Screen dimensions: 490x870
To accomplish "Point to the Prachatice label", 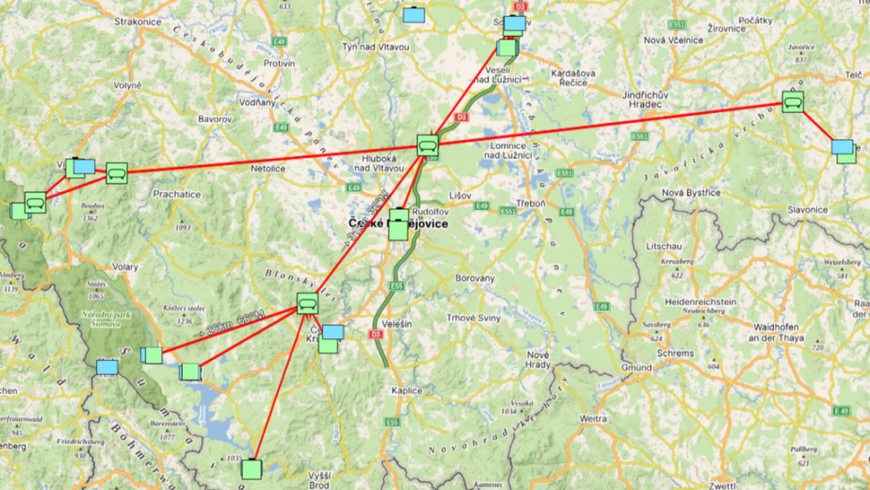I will pyautogui.click(x=178, y=194).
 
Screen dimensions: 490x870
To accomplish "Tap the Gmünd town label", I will pyautogui.click(x=636, y=367).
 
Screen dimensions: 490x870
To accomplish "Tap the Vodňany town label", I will pyautogui.click(x=257, y=101).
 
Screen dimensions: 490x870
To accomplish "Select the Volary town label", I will pyautogui.click(x=125, y=267).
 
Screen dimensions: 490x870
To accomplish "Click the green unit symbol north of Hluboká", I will pyautogui.click(x=428, y=146).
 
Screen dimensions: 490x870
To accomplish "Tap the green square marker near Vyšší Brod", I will pyautogui.click(x=250, y=468).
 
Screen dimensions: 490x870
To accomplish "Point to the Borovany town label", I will pyautogui.click(x=475, y=279).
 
